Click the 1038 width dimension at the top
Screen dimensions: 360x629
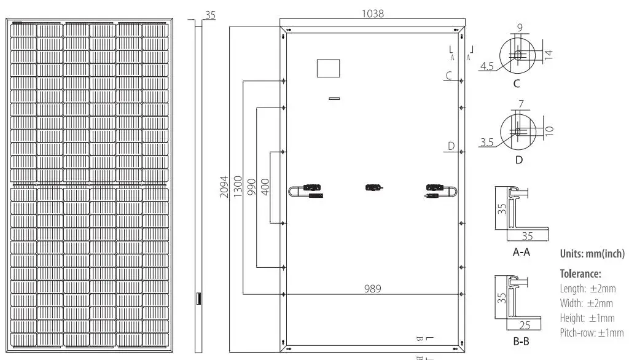[x=373, y=13]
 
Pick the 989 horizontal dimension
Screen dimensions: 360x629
[x=373, y=288]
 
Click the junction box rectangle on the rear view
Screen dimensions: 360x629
[x=328, y=68]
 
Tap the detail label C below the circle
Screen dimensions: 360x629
[x=517, y=83]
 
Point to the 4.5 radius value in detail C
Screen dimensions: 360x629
[x=487, y=66]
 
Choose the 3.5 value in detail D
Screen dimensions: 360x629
[x=487, y=143]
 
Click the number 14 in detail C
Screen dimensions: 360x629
[x=549, y=54]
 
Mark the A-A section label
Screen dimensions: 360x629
[x=521, y=252]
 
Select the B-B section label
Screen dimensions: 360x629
[x=521, y=340]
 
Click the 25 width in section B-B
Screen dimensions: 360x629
[x=526, y=324]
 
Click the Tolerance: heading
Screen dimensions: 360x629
[x=580, y=273]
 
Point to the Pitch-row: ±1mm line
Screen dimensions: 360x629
[x=592, y=333]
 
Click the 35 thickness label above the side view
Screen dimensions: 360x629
[x=210, y=15]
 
